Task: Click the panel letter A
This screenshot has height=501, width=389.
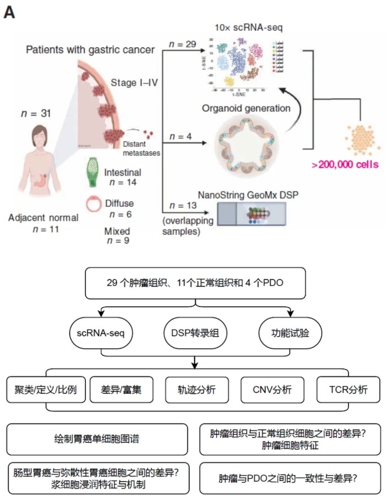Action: (x=9, y=12)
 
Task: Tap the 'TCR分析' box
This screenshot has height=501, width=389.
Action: (x=348, y=390)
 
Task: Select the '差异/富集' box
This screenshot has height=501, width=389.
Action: (x=120, y=390)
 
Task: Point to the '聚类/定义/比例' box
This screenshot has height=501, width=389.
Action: (x=41, y=390)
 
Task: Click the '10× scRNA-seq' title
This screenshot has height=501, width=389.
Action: (x=242, y=27)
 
